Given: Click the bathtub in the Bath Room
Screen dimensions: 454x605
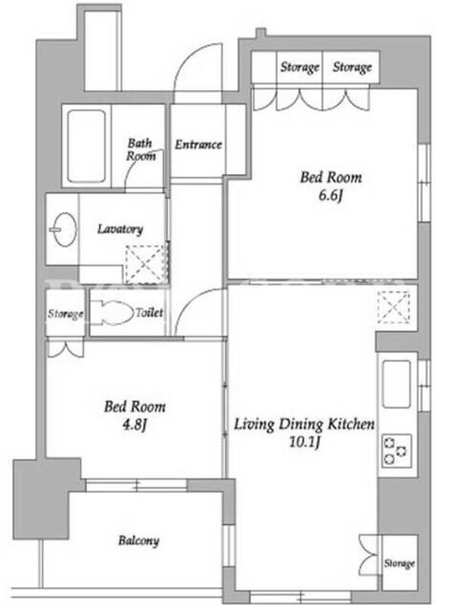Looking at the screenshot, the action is click(x=86, y=146).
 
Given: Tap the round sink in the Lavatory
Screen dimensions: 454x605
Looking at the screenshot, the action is click(x=64, y=229).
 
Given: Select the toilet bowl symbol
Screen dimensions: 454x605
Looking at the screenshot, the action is click(x=111, y=312).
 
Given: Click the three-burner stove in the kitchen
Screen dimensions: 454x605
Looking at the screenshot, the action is click(x=396, y=450).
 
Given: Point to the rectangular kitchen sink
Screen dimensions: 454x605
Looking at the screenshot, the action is click(x=396, y=384).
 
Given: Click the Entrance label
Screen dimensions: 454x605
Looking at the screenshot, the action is click(x=198, y=144).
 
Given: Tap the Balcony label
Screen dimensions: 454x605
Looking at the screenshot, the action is click(x=138, y=541).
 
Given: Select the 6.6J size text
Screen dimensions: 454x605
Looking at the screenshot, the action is click(x=331, y=196).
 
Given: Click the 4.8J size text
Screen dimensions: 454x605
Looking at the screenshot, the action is click(x=135, y=425).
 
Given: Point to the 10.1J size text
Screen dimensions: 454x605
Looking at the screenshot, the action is click(x=305, y=442).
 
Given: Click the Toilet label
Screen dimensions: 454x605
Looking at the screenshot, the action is click(x=149, y=312).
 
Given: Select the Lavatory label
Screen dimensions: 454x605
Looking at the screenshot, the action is click(x=120, y=229).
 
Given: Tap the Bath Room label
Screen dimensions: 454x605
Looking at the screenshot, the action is click(x=141, y=149).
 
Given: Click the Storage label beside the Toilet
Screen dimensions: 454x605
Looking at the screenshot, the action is click(x=65, y=314).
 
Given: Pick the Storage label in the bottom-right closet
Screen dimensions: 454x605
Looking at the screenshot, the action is click(x=400, y=563).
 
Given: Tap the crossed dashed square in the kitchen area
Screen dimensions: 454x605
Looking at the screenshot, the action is click(x=393, y=308).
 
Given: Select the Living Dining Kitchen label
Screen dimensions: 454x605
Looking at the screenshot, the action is click(x=304, y=424).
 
